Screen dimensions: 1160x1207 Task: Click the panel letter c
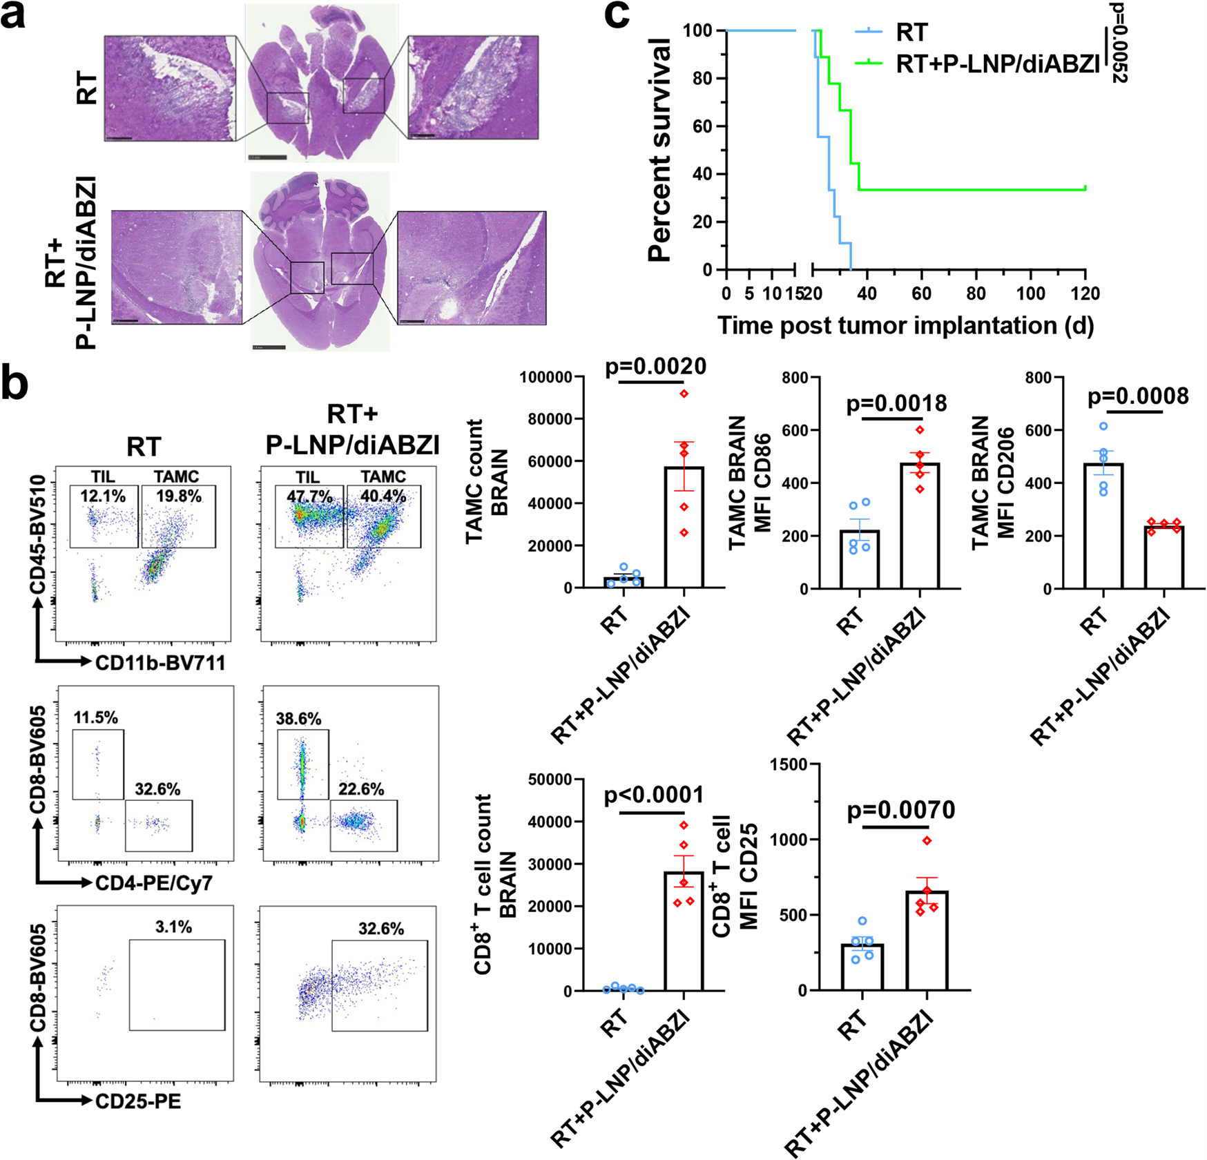click(616, 15)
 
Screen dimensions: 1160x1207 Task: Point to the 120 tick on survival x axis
click(1085, 293)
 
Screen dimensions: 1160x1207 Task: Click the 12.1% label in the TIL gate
click(103, 496)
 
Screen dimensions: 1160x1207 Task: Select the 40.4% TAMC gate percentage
click(383, 496)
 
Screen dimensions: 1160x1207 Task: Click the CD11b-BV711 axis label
click(160, 663)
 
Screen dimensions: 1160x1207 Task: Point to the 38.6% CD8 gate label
click(298, 719)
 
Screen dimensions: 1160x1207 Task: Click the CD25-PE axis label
click(138, 1101)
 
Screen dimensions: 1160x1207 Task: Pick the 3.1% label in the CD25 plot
click(173, 927)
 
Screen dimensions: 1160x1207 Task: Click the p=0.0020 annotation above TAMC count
click(655, 367)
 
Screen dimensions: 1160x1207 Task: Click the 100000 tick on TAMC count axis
click(545, 378)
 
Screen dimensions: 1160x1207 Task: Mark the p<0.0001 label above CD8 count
click(654, 795)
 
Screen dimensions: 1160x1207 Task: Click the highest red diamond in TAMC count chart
click(684, 394)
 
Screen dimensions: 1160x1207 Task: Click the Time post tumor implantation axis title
click(905, 325)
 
